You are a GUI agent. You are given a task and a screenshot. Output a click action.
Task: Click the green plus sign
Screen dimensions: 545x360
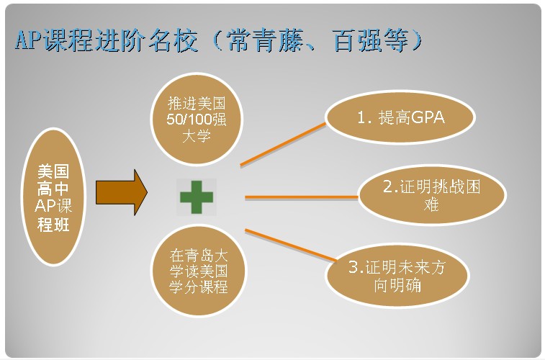197,197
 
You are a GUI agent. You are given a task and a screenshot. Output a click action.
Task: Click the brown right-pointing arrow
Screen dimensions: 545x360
122,192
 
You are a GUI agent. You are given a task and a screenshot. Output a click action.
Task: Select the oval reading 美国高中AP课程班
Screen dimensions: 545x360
53,197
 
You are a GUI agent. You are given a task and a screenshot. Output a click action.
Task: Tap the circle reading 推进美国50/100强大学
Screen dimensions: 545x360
197,119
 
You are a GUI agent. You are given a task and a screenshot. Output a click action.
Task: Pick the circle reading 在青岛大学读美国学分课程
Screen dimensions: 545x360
199,270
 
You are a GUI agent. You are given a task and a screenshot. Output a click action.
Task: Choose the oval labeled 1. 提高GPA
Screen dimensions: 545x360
400,117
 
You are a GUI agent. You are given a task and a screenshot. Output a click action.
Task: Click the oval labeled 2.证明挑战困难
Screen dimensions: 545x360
432,195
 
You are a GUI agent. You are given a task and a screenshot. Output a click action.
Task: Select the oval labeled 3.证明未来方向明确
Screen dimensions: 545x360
397,276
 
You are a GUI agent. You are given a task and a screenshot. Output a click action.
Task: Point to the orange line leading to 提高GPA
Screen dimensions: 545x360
283,144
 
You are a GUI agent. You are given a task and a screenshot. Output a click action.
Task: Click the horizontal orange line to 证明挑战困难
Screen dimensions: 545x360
302,197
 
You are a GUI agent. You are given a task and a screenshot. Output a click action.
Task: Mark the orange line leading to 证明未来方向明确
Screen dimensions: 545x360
291,245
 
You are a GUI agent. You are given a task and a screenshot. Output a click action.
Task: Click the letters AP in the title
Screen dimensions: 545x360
28,40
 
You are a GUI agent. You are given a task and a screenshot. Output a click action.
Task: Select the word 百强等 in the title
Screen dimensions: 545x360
370,40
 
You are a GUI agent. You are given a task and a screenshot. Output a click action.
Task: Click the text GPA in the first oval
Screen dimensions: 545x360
427,117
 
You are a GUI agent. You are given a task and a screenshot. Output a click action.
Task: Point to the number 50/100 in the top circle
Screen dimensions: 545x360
189,120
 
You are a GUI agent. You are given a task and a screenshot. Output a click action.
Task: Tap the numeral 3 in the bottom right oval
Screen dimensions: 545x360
353,267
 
